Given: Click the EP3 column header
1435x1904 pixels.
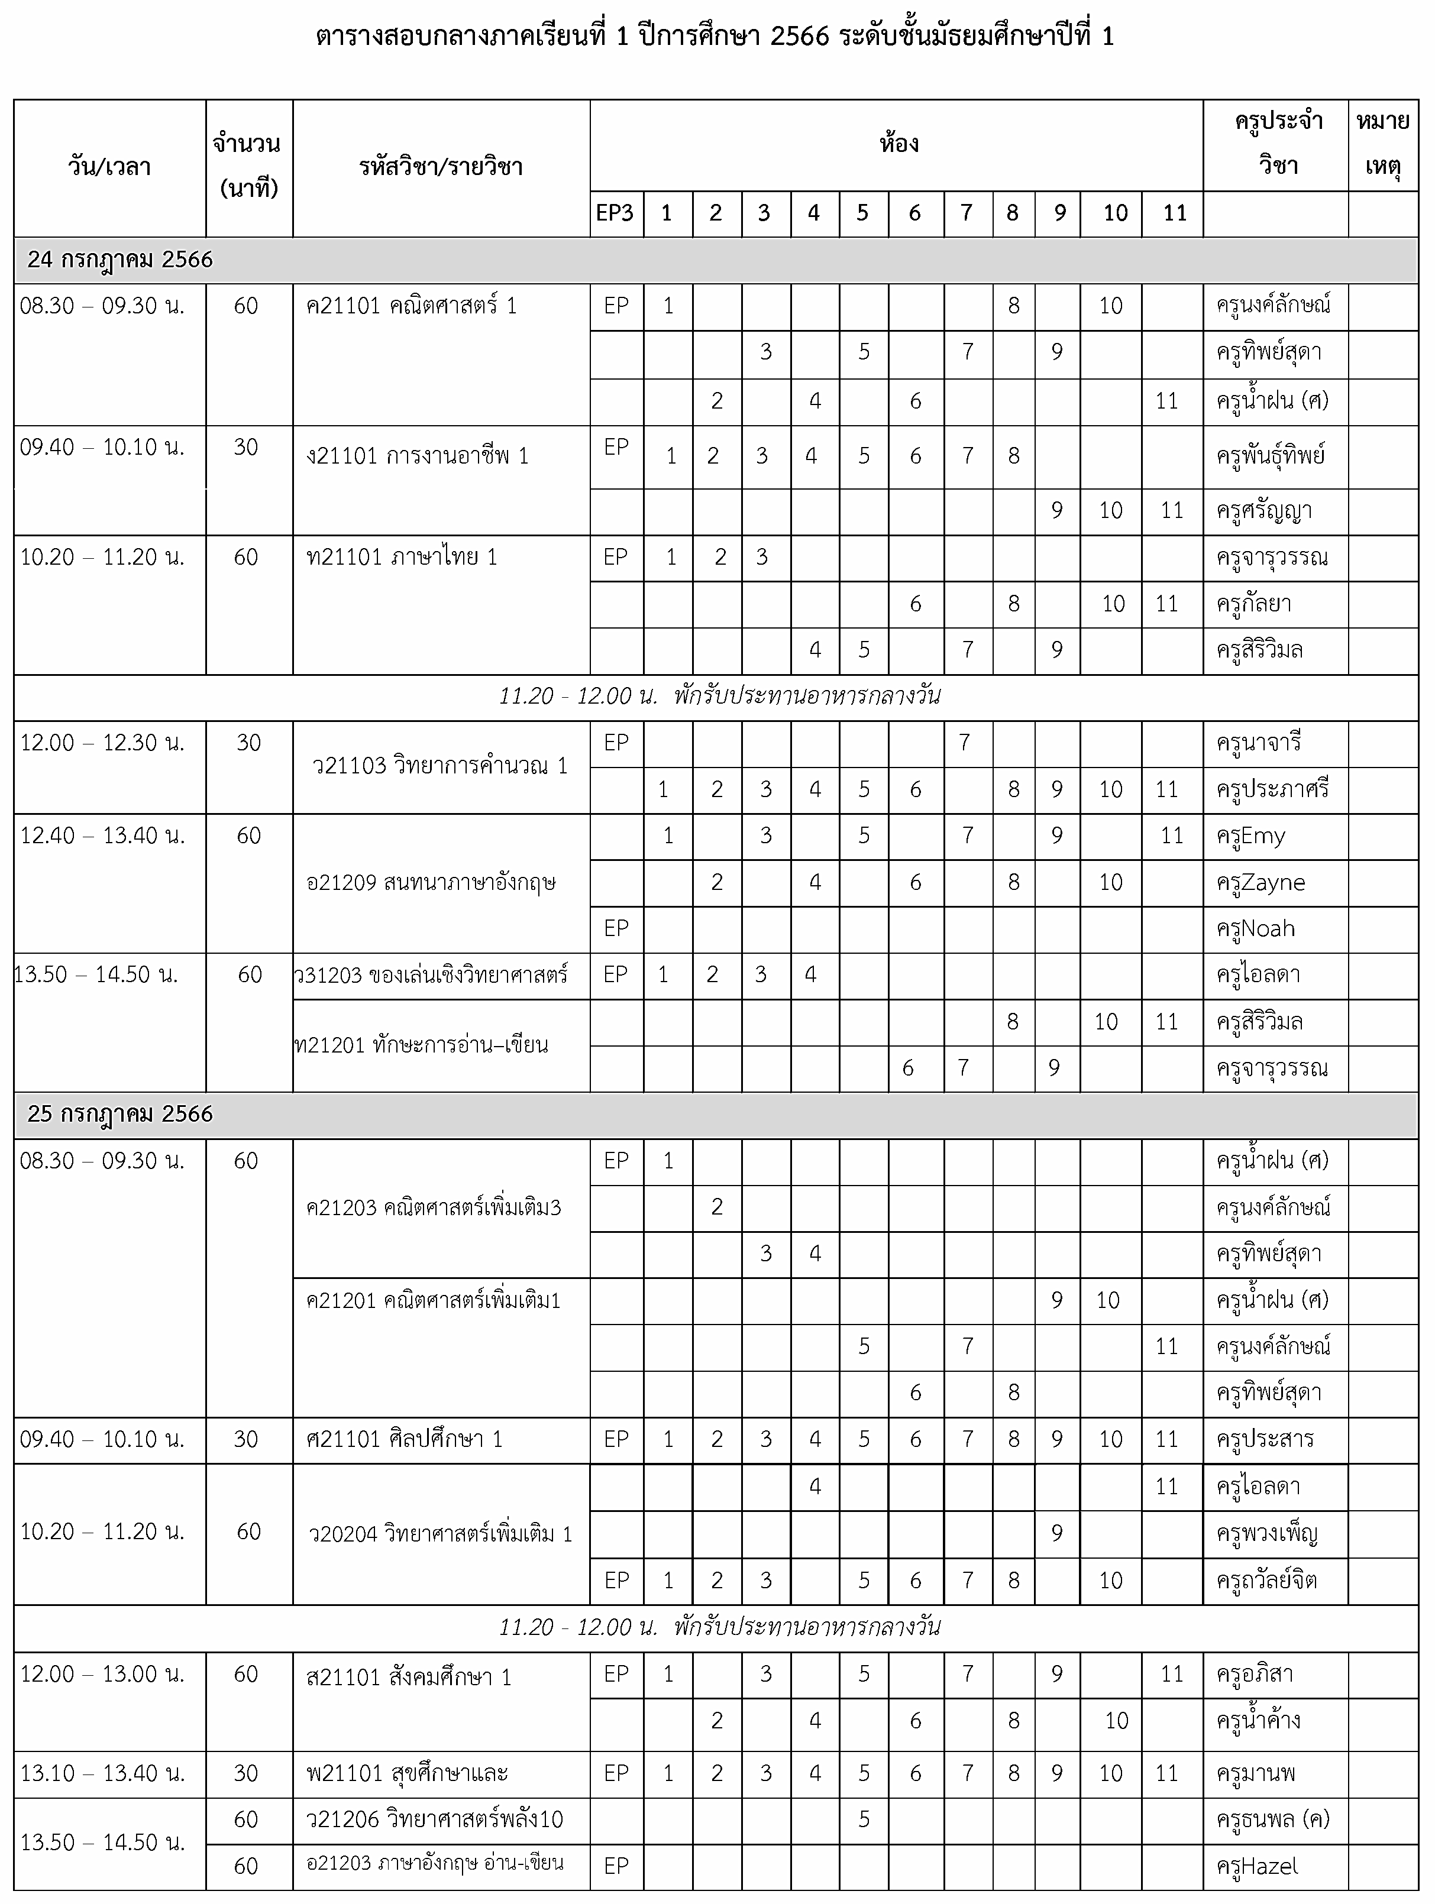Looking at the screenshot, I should pos(615,213).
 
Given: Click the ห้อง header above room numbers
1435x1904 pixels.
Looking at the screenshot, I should pos(899,143).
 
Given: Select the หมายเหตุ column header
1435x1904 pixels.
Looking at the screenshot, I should pos(1382,143).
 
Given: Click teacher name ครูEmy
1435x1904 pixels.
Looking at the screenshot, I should pos(1251,836).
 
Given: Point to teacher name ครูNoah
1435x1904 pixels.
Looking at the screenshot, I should pos(1255,929).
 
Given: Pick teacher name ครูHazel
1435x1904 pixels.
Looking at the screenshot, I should pos(1257,1866).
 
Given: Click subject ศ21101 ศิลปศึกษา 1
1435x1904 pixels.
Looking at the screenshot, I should pos(405,1439).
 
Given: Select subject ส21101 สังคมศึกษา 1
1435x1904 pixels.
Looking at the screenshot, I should pos(409,1677).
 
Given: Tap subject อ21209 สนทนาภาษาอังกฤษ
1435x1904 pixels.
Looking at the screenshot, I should pos(431,882).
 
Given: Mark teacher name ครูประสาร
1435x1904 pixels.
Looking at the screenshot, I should pos(1265,1439).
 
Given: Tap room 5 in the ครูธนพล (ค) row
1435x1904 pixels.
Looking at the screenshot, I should pos(864,1819).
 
